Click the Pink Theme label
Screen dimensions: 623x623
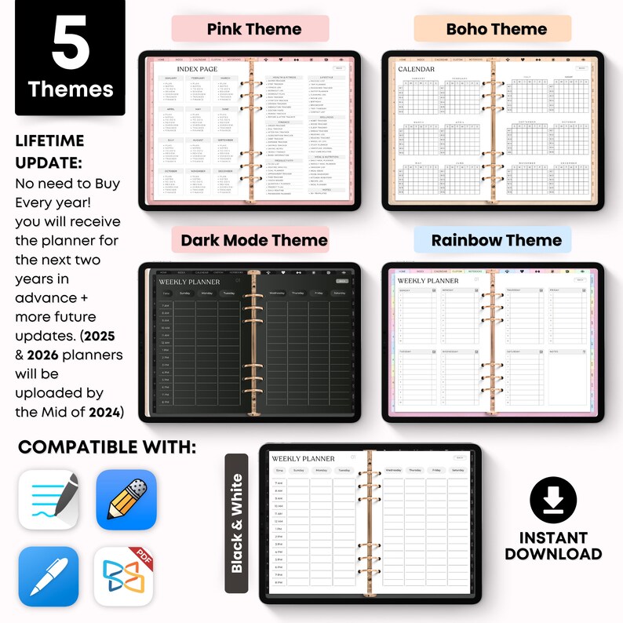pyautogui.click(x=253, y=30)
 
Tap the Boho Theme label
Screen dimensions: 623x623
pyautogui.click(x=497, y=30)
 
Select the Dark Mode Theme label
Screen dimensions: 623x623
pyautogui.click(x=254, y=240)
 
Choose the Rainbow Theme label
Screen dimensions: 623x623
pyautogui.click(x=497, y=240)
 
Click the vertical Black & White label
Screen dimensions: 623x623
pyautogui.click(x=237, y=523)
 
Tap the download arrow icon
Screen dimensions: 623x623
pyautogui.click(x=553, y=500)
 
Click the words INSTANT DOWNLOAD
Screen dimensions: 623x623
pyautogui.click(x=553, y=545)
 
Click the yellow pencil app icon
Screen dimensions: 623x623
pyautogui.click(x=126, y=500)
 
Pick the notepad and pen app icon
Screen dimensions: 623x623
pyautogui.click(x=49, y=500)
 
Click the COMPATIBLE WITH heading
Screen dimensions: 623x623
pyautogui.click(x=107, y=446)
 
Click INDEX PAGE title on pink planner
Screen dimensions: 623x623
pyautogui.click(x=198, y=69)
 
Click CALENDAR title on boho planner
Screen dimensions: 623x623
pyautogui.click(x=417, y=69)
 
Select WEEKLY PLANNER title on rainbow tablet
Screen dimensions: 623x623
pyautogui.click(x=428, y=280)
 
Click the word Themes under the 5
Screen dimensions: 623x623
pyautogui.click(x=71, y=89)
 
